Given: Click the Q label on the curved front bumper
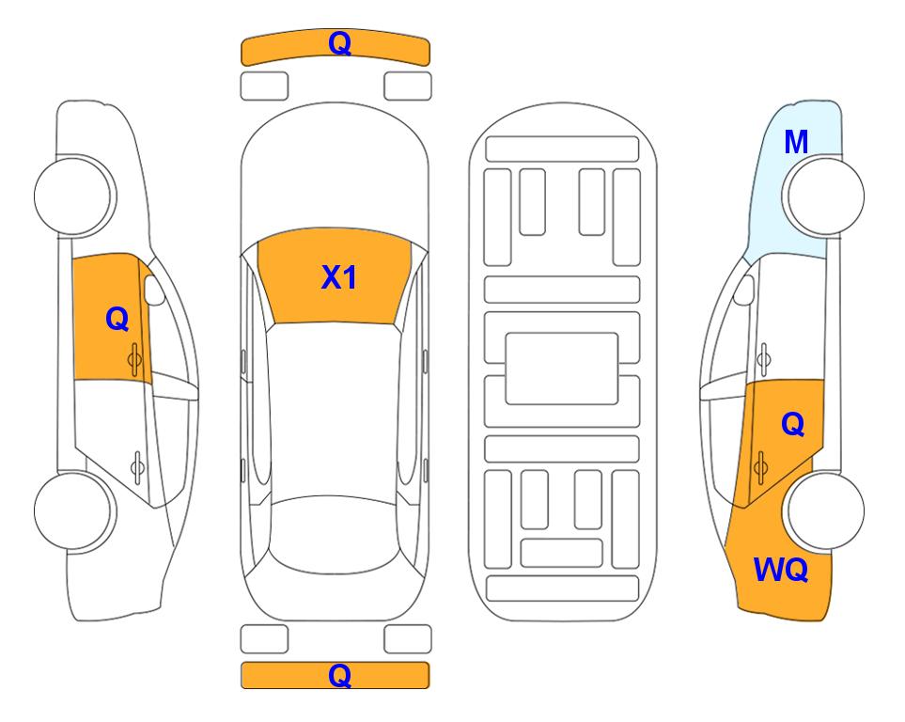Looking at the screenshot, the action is click(339, 43).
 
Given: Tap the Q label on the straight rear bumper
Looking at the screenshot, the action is click(339, 675).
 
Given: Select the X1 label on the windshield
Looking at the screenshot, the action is click(339, 277).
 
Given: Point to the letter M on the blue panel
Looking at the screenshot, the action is click(796, 142).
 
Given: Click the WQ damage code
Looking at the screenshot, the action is click(781, 570).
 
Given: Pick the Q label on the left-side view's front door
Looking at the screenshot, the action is click(117, 319).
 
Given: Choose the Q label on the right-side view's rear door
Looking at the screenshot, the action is click(792, 425).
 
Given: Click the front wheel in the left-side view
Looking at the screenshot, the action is click(74, 196).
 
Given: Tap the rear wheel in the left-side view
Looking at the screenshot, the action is click(74, 510).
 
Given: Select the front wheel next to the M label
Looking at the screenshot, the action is click(823, 196).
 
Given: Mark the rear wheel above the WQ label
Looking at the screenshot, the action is click(823, 510).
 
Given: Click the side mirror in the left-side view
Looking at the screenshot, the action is click(154, 290).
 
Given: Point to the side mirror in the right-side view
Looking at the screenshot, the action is click(744, 290).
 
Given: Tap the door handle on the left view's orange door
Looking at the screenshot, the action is click(134, 359).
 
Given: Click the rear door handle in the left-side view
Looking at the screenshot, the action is click(137, 466).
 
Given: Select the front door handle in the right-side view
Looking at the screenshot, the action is click(764, 359).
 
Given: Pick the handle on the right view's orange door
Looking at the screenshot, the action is click(760, 466).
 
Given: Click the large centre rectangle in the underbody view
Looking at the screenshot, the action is click(562, 369).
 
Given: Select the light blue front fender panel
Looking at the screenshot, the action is click(790, 182).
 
